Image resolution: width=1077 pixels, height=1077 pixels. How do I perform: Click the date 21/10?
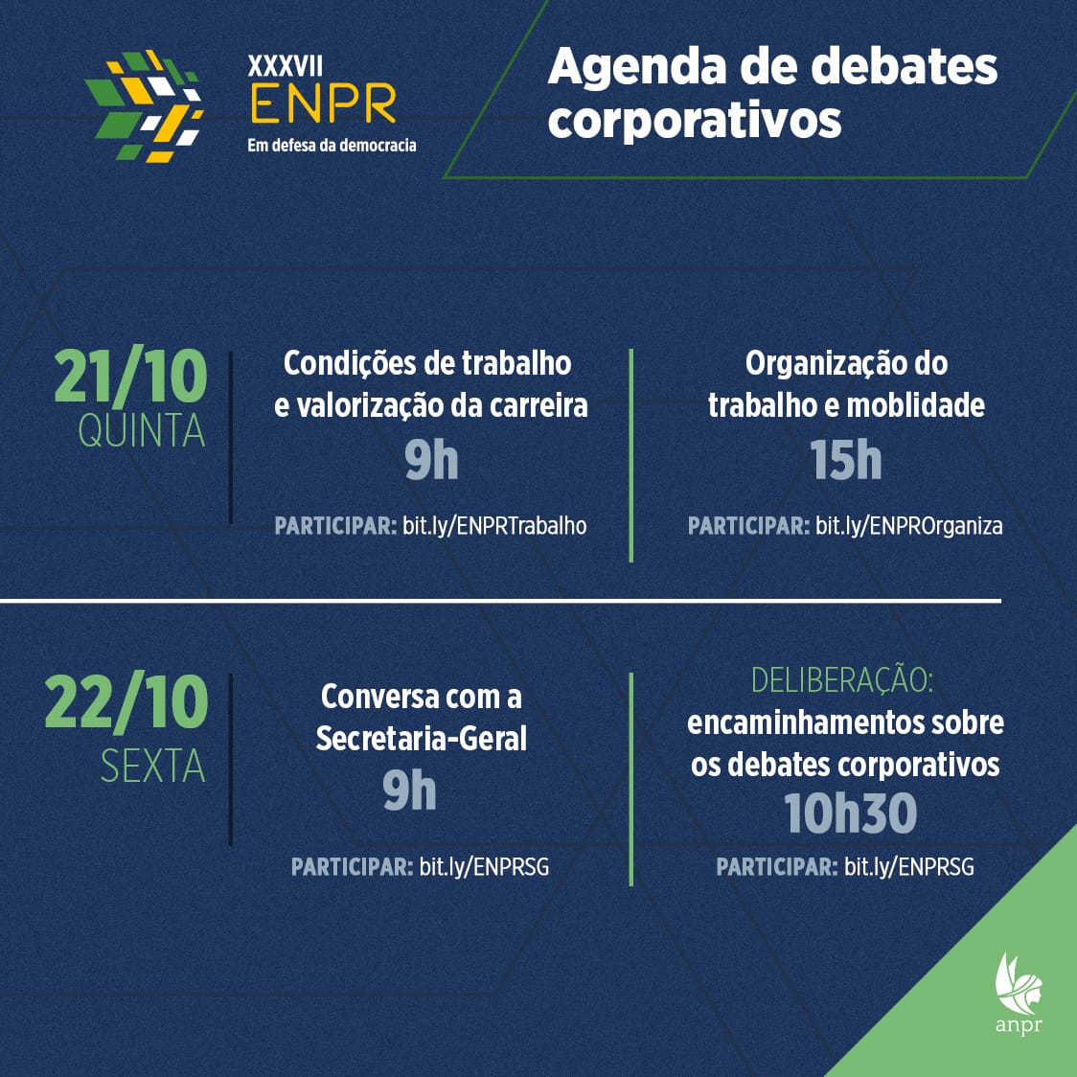[130, 376]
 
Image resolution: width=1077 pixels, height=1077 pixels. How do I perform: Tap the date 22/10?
[126, 702]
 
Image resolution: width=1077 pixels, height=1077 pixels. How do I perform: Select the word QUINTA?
[142, 431]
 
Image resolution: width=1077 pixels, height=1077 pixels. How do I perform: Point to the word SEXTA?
[153, 766]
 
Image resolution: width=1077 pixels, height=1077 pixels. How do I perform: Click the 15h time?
[845, 460]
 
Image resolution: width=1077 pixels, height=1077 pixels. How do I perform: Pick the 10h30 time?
[850, 813]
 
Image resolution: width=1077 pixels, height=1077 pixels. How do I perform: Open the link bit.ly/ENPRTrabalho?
[494, 526]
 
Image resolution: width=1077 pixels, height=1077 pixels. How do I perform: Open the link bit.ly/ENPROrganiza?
[908, 526]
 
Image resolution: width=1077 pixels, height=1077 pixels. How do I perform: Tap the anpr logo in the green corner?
[1019, 993]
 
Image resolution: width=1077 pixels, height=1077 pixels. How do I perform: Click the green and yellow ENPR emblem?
[145, 105]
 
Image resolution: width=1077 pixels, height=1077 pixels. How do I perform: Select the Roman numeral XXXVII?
[285, 66]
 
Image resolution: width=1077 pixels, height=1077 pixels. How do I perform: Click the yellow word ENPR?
[324, 103]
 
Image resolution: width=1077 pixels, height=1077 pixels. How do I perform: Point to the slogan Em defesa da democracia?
[332, 145]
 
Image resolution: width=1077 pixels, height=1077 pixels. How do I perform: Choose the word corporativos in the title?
[695, 121]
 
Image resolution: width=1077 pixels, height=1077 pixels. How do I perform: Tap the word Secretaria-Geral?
[421, 739]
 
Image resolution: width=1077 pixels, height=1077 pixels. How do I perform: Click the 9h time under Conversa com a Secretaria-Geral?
[409, 791]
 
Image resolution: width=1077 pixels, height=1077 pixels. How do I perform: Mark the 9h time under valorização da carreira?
[430, 460]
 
